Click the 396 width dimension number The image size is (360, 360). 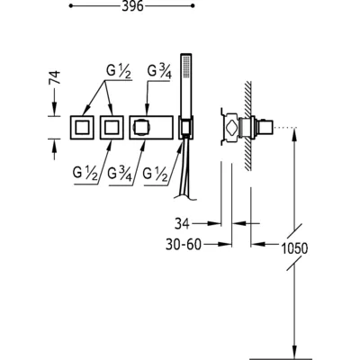[132, 6]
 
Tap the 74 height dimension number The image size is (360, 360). [55, 78]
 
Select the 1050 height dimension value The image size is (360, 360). [294, 248]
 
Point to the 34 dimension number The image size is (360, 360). [182, 223]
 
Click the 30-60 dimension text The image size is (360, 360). [184, 245]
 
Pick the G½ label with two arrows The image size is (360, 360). [119, 72]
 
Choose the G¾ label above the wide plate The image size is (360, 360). [159, 71]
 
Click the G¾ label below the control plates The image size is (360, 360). [120, 175]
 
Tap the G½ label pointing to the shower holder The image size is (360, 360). [155, 175]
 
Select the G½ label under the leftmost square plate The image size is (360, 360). [85, 174]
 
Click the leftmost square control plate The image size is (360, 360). [82, 127]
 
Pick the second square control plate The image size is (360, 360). [112, 127]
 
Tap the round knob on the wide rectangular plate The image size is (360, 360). [141, 127]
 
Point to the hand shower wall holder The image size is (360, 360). [186, 127]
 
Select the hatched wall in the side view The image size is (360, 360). [248, 126]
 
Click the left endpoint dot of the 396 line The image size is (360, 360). [71, 5]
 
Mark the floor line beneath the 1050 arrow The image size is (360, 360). [281, 358]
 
